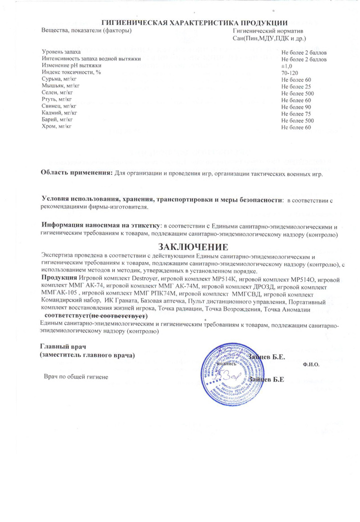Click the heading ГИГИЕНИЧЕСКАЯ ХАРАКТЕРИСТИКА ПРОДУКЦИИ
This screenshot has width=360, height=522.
click(194, 22)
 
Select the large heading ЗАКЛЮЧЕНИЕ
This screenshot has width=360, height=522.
click(193, 246)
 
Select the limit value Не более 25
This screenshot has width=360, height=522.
click(296, 86)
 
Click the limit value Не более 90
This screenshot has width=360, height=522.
click(296, 107)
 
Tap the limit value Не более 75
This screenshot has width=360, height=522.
click(296, 114)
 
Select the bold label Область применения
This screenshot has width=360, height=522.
click(76, 173)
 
